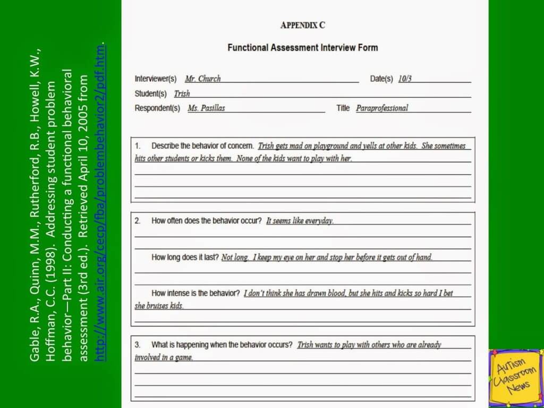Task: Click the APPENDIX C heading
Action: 302,25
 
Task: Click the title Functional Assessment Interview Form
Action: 302,47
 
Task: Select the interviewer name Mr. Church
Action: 202,79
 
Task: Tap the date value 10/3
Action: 405,79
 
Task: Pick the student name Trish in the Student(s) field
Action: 182,93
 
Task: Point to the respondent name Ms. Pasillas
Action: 206,108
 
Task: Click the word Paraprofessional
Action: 382,108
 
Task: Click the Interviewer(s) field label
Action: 155,79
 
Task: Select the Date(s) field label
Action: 381,79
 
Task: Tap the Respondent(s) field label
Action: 157,108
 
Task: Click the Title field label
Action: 343,108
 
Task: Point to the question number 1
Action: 137,146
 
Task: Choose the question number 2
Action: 137,220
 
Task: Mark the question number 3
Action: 137,345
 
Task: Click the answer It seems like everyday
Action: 300,220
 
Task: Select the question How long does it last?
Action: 185,257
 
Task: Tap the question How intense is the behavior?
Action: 195,293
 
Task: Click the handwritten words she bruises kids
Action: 159,306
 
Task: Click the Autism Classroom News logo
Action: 515,377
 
